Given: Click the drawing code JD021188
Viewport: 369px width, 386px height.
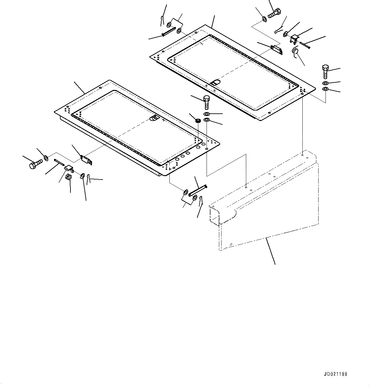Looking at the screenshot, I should (335, 374).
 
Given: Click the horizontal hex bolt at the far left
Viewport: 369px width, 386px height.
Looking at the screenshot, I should (36, 164).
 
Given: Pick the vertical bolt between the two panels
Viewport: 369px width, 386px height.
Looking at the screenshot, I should (206, 102).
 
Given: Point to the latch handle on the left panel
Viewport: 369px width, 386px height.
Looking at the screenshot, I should (154, 118).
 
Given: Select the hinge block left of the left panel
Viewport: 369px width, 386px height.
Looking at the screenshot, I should (87, 160).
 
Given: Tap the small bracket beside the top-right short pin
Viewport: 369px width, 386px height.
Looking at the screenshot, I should (294, 39).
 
